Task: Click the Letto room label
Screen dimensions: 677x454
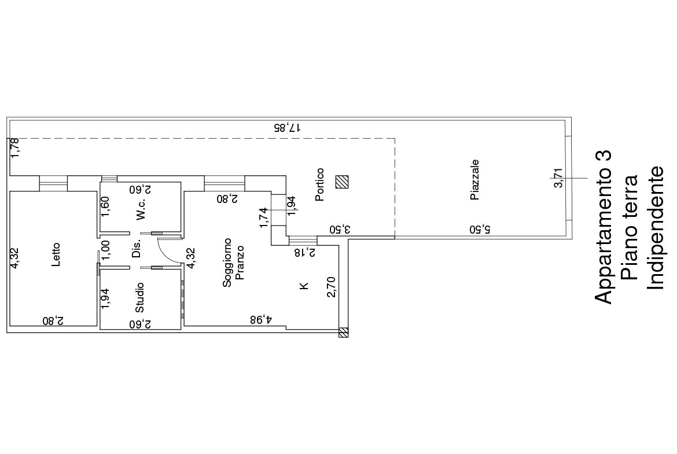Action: click(x=56, y=254)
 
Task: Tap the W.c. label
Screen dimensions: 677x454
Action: click(x=141, y=210)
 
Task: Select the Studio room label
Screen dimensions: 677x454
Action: click(x=139, y=298)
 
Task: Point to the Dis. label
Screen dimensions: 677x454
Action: click(x=137, y=249)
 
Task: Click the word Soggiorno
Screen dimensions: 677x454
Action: click(x=227, y=263)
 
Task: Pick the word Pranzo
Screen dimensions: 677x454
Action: click(x=240, y=263)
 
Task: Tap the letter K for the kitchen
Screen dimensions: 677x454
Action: click(x=304, y=286)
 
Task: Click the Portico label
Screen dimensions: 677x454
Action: click(x=319, y=184)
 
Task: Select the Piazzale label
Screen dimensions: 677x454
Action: click(x=474, y=180)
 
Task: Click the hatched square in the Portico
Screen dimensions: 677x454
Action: click(x=343, y=182)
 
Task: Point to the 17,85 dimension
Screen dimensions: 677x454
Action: click(x=287, y=127)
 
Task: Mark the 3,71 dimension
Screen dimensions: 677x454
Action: click(x=558, y=178)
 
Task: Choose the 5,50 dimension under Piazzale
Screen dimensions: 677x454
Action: click(x=480, y=228)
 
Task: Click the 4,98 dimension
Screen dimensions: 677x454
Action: click(x=261, y=319)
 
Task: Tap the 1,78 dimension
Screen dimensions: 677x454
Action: click(x=14, y=147)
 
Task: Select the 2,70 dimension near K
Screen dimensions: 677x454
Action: click(x=331, y=287)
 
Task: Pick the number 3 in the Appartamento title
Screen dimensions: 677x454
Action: click(x=603, y=156)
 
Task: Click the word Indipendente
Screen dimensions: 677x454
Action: click(x=656, y=228)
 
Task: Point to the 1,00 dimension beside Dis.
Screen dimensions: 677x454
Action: click(x=105, y=250)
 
